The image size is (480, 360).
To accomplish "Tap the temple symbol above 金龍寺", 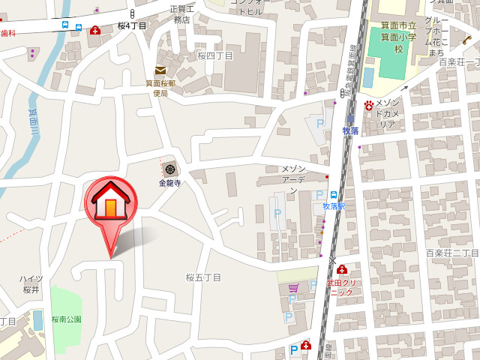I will (x=171, y=169).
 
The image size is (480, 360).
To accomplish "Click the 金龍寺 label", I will (x=170, y=182).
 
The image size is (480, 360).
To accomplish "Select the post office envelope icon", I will (x=161, y=70).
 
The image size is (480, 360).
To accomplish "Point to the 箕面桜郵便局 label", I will (x=160, y=88).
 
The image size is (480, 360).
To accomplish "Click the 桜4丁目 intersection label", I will (x=132, y=26).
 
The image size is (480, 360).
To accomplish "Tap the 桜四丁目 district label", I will (x=215, y=55).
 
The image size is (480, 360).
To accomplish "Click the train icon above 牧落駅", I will (x=333, y=194).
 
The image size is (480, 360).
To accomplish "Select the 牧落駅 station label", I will (x=333, y=205).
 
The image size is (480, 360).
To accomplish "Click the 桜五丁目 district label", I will (x=204, y=277).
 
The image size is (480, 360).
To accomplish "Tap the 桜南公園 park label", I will (x=66, y=319).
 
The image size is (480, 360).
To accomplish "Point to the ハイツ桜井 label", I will (x=31, y=283).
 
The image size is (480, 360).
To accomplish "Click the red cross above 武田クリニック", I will (x=342, y=270).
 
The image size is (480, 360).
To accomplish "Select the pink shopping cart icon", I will (x=293, y=286).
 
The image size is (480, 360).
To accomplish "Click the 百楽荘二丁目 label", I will (x=451, y=253).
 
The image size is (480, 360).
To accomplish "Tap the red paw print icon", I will (x=369, y=104).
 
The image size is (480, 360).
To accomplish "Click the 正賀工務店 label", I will (x=181, y=14).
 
